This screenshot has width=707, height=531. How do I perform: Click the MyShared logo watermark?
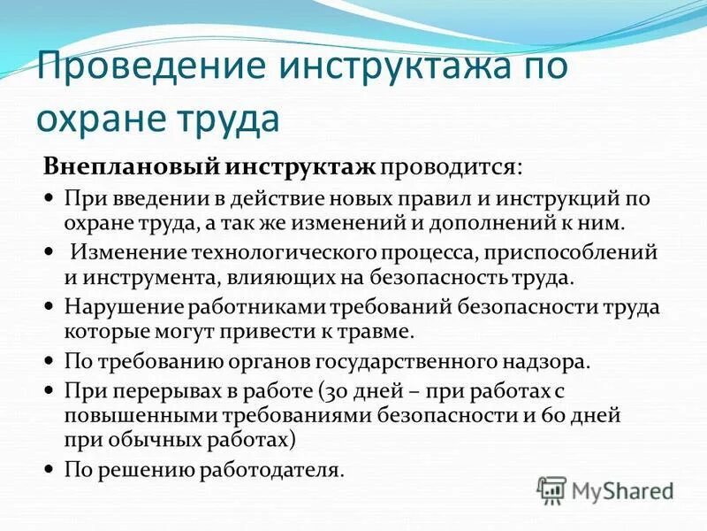point(605,489)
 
